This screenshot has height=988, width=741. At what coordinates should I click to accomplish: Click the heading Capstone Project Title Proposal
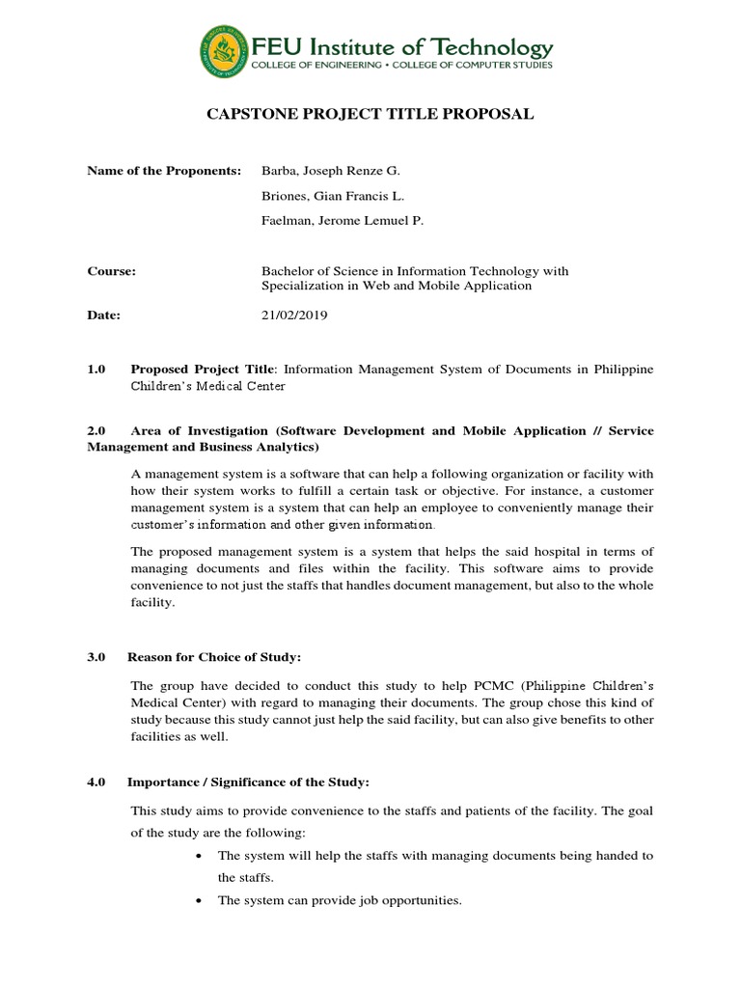(370, 115)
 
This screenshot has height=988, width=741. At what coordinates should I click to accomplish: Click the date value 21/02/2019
(294, 315)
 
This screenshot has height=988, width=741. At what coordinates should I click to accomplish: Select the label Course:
(112, 271)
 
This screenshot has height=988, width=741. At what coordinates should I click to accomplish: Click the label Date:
(103, 315)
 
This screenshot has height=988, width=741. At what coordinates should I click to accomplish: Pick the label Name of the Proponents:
(164, 171)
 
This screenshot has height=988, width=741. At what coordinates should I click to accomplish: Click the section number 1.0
(96, 370)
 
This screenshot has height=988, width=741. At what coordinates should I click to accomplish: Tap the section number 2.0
(96, 431)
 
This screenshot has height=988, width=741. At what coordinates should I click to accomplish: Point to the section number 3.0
(96, 657)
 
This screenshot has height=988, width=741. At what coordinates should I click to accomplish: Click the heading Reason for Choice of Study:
(214, 657)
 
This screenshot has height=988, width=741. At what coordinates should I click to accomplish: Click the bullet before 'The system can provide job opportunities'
(198, 901)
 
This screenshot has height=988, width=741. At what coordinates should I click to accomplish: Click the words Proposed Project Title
(203, 370)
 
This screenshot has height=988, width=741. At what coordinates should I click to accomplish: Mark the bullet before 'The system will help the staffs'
(198, 856)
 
